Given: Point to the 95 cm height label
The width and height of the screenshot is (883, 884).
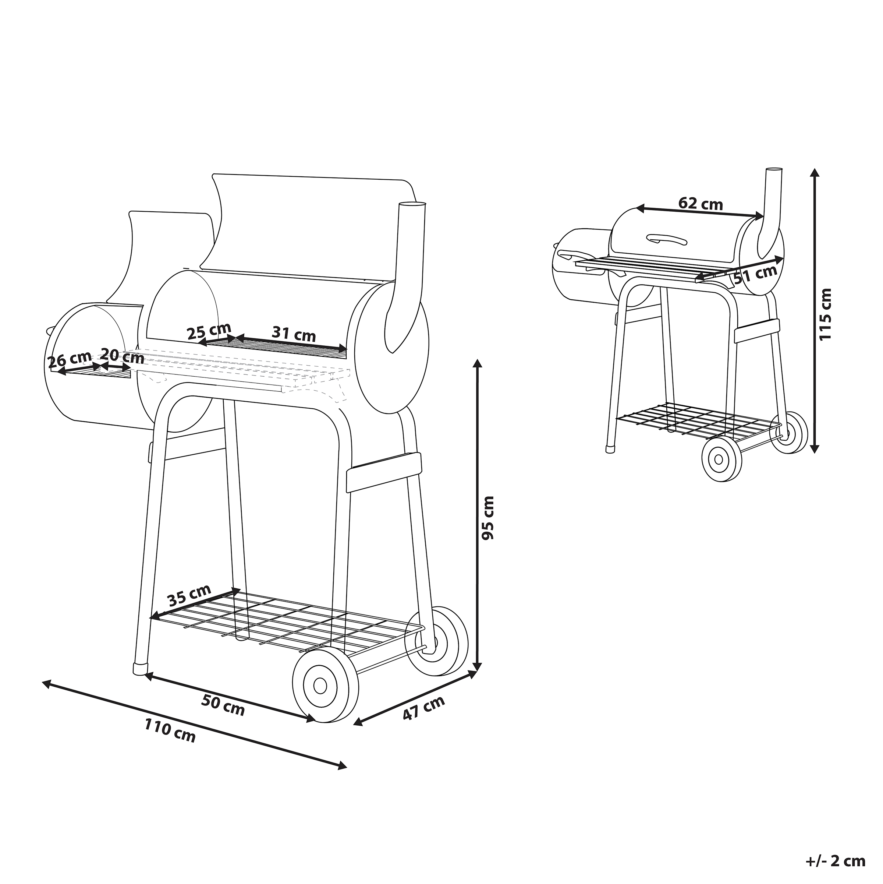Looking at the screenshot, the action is (x=488, y=518).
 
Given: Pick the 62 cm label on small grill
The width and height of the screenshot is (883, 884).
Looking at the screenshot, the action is (x=701, y=204).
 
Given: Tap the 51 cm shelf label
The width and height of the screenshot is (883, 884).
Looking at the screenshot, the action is (x=755, y=274).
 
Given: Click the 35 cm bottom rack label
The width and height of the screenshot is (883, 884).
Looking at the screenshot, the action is (x=189, y=595).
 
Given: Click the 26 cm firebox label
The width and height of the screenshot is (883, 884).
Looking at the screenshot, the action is (x=70, y=360).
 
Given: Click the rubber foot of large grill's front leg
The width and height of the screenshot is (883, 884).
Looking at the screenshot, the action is (x=140, y=669).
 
